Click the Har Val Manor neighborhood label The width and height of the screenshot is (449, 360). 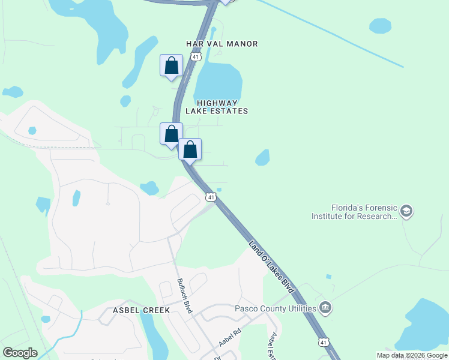221,44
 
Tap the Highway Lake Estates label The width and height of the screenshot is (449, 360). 216,107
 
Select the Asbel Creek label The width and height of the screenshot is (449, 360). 142,310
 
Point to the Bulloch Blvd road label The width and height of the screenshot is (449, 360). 184,295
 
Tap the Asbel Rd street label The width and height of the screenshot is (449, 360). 229,337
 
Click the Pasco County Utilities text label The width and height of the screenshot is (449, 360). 275,308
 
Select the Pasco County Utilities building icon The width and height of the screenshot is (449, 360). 326,308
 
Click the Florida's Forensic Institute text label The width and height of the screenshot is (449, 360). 354,211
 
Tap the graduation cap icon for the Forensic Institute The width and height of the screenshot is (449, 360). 406,211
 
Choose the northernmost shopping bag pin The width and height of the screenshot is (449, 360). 171,65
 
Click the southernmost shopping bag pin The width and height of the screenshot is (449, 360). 190,149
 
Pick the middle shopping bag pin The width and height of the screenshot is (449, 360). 171,133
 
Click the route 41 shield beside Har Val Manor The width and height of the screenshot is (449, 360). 196,56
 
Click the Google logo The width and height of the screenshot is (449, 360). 20,353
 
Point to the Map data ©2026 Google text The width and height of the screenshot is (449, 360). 412,355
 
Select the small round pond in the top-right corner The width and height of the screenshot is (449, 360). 380,26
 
